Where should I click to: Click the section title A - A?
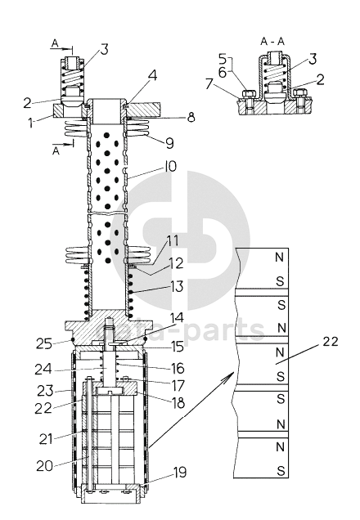tap(272, 41)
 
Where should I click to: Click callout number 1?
tap(31, 123)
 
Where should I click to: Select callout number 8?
tap(191, 117)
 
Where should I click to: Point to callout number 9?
tap(169, 143)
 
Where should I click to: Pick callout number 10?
tap(169, 167)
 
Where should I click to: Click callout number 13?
tap(178, 286)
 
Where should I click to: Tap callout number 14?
tap(177, 318)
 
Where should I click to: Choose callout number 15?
tap(178, 347)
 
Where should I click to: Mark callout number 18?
tap(178, 403)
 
